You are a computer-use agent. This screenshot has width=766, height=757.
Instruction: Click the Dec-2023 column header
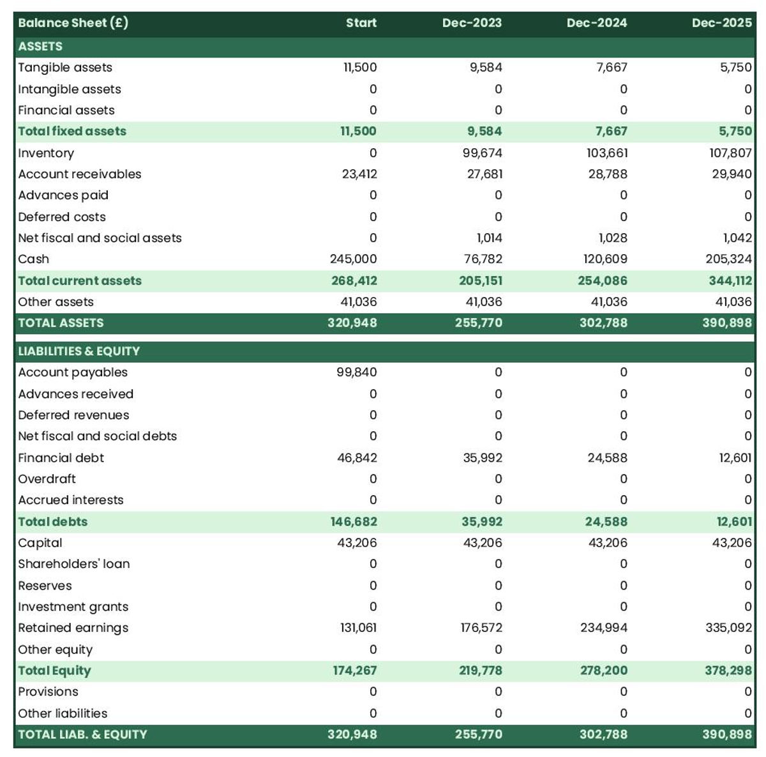[x=472, y=23]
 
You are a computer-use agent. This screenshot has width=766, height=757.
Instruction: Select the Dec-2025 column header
[x=721, y=23]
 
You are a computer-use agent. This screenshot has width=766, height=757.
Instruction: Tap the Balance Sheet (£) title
[x=73, y=23]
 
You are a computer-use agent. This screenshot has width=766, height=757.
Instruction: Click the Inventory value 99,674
[x=482, y=153]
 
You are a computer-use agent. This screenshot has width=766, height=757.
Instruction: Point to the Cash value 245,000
[x=353, y=259]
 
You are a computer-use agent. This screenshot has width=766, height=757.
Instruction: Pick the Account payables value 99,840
[x=356, y=372]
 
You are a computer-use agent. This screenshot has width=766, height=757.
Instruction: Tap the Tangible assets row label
[x=65, y=67]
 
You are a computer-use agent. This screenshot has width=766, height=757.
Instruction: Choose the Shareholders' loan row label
[x=74, y=563]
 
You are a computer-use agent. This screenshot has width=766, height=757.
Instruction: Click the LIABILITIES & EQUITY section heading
[x=79, y=351]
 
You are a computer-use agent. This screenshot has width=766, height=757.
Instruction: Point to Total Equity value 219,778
[x=480, y=670]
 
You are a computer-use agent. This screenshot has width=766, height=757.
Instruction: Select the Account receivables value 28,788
[x=608, y=174]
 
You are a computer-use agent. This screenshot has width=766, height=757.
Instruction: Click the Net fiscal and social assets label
[x=100, y=238]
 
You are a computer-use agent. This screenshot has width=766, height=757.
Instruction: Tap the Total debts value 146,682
[x=354, y=521]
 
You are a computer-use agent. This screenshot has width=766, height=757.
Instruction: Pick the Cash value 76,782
[x=483, y=259]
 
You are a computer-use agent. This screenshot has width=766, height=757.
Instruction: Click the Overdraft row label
[x=47, y=478]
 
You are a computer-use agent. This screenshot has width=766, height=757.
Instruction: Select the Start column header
[x=361, y=23]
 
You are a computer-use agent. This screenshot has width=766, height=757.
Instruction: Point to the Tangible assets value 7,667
[x=612, y=67]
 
